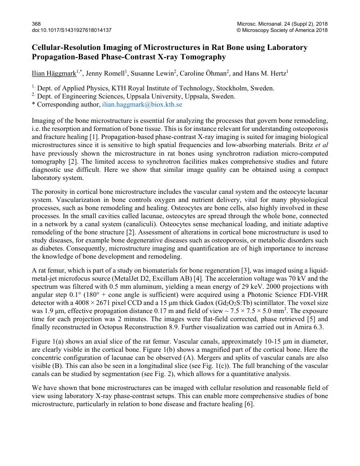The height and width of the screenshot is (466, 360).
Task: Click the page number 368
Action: [36, 23]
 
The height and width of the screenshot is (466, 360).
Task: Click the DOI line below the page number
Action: [72, 30]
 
